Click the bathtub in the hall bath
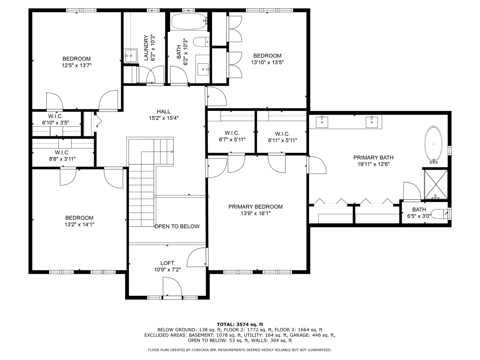(x=189, y=22)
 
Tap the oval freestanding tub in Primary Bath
(x=433, y=144)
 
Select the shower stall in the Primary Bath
(x=436, y=184)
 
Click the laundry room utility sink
(x=131, y=55)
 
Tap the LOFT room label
(x=167, y=263)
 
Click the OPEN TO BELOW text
(x=177, y=226)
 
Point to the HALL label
(x=164, y=111)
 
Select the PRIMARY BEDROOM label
(x=255, y=207)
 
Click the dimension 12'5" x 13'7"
(x=77, y=66)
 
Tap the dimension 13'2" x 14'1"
(x=79, y=225)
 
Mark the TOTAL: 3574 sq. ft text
(x=240, y=324)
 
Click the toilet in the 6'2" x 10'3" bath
(x=201, y=42)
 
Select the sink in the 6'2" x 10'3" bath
(x=203, y=69)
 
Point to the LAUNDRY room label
(x=146, y=48)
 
